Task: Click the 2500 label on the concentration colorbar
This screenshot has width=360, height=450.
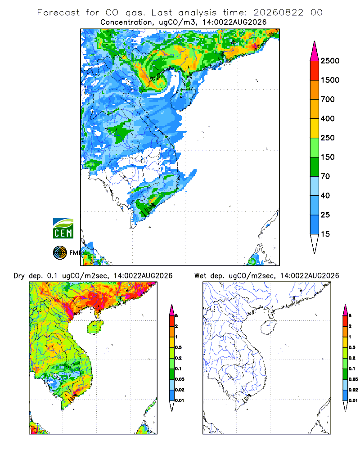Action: pos(330,61)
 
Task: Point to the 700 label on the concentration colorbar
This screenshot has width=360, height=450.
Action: pos(328,99)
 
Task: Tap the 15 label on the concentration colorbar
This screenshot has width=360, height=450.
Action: pos(325,234)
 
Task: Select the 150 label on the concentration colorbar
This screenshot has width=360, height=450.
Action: pos(328,157)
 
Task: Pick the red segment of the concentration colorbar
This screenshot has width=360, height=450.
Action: pos(315,70)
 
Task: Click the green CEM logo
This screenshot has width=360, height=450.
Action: pos(63,229)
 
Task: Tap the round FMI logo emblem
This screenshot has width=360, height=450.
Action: pos(60,253)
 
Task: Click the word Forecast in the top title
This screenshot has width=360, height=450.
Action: pos(58,13)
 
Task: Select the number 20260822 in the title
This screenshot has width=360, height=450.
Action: pos(278,13)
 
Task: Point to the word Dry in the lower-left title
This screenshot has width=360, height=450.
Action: pos(19,276)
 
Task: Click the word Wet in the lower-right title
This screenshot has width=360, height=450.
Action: pos(200,276)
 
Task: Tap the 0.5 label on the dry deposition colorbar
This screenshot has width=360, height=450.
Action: pos(178,347)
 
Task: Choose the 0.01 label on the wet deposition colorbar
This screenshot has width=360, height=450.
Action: pos(353,400)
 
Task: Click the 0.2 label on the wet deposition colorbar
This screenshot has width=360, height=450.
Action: pos(352,358)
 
